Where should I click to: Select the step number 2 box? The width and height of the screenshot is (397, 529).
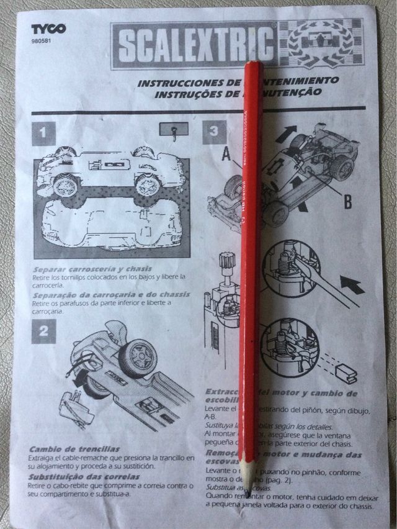43,331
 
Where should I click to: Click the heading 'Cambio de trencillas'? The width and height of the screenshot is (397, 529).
74,448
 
